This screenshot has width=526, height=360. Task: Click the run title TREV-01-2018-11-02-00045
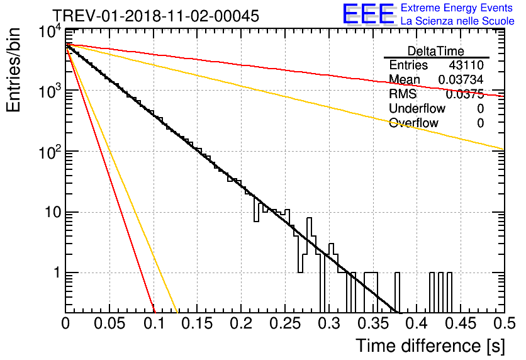[x=156, y=16]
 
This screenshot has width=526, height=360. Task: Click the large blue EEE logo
[x=369, y=14]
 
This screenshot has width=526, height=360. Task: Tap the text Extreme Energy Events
[x=457, y=8]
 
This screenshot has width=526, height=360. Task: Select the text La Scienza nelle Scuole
[x=457, y=21]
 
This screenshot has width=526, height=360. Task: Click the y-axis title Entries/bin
[x=13, y=70]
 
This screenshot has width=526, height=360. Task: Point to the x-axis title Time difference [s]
[x=430, y=346]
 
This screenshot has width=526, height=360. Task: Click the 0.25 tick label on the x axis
[x=285, y=323]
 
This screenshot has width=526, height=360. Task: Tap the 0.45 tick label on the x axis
[x=461, y=323]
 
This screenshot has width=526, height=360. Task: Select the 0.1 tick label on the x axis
[x=154, y=323]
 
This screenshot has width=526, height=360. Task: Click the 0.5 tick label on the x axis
[x=505, y=323]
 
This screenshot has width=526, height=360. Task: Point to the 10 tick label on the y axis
[x=53, y=212]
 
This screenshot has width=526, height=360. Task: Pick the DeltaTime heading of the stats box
[x=436, y=51]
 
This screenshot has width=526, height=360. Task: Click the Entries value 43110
[x=466, y=65]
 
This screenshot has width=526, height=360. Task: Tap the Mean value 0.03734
[x=461, y=79]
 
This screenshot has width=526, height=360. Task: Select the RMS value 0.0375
[x=464, y=94]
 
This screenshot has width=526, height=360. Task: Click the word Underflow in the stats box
[x=417, y=108]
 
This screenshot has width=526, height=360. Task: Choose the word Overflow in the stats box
[x=413, y=123]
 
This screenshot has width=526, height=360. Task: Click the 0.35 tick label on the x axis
[x=373, y=323]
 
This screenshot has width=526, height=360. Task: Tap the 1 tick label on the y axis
[x=57, y=273]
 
